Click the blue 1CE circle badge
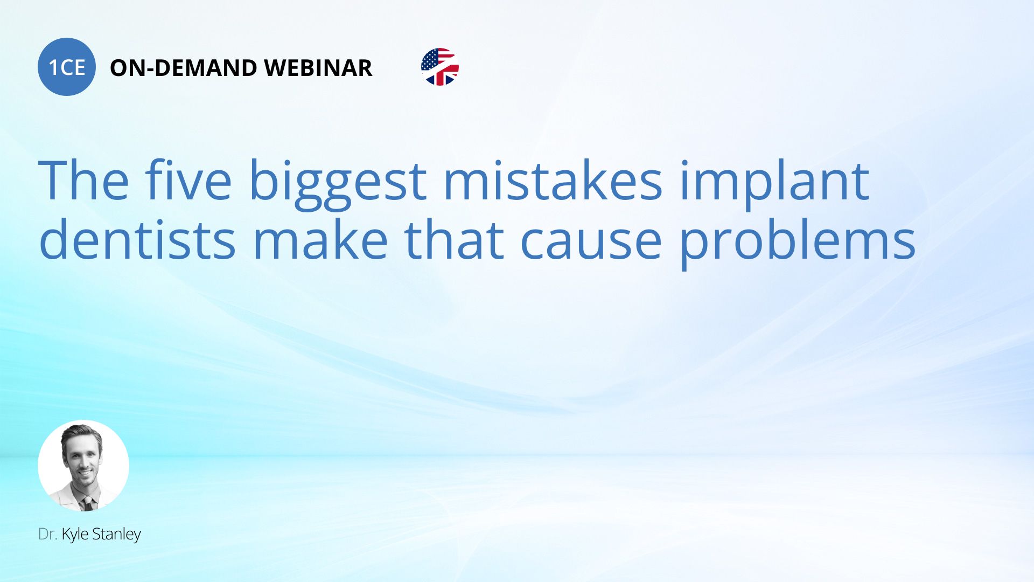click(x=67, y=67)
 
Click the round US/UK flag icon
click(x=440, y=67)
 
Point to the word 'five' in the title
click(x=188, y=180)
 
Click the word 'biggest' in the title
click(x=338, y=183)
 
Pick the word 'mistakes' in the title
click(x=553, y=180)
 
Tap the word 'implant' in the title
click(x=774, y=183)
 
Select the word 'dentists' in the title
click(x=137, y=238)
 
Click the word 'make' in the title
click(x=320, y=238)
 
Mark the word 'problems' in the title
click(x=798, y=242)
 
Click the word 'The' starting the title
click(x=83, y=180)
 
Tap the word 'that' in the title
click(x=453, y=238)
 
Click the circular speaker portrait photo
click(x=83, y=466)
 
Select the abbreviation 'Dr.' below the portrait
click(x=48, y=534)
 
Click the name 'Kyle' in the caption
click(x=75, y=535)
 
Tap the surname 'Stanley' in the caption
click(x=116, y=535)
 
